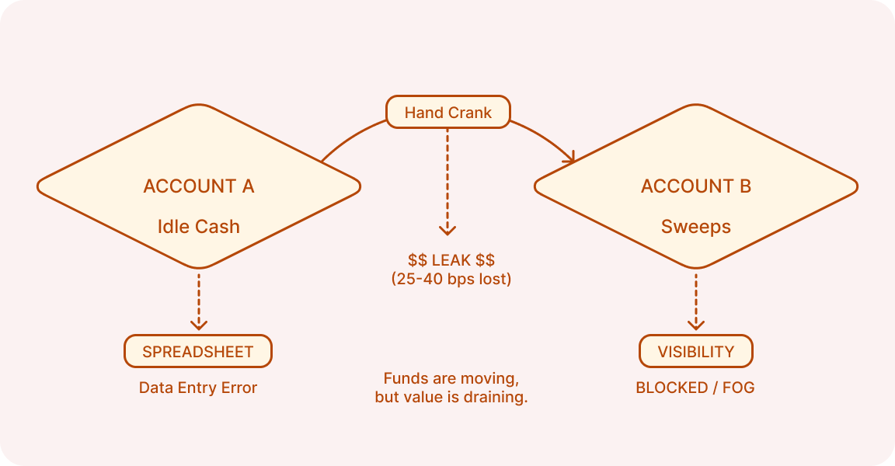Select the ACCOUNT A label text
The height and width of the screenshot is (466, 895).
[199, 186]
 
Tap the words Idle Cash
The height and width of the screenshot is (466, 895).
[199, 227]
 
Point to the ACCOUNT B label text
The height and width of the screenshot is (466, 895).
[696, 186]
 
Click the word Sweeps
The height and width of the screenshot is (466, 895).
[696, 227]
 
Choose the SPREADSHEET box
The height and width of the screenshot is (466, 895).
[198, 352]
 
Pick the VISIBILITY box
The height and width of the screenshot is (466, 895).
[696, 352]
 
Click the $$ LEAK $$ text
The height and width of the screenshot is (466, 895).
[451, 260]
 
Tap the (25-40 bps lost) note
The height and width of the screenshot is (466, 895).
[451, 279]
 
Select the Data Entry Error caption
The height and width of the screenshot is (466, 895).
[198, 388]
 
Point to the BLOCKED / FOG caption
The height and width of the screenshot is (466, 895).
[695, 388]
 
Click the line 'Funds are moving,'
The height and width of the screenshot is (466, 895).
[451, 379]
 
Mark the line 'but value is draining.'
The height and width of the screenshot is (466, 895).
[451, 398]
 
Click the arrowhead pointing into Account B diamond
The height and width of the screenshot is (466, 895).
[572, 158]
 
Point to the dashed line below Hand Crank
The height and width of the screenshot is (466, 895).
[447, 179]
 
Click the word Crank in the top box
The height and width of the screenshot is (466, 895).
[471, 113]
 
